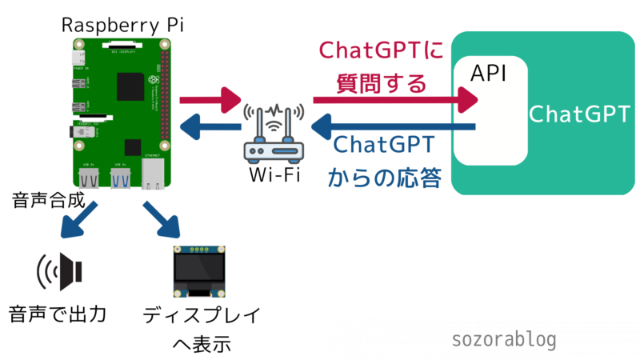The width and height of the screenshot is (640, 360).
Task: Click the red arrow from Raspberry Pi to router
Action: [210, 101]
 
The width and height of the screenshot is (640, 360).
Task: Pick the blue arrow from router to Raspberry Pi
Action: [210, 126]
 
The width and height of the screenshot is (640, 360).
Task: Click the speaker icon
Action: [60, 273]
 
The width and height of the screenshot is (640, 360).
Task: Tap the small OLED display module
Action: [198, 270]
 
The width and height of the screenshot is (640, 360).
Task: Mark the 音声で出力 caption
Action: [58, 312]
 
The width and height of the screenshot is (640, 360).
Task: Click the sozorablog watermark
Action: [504, 340]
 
